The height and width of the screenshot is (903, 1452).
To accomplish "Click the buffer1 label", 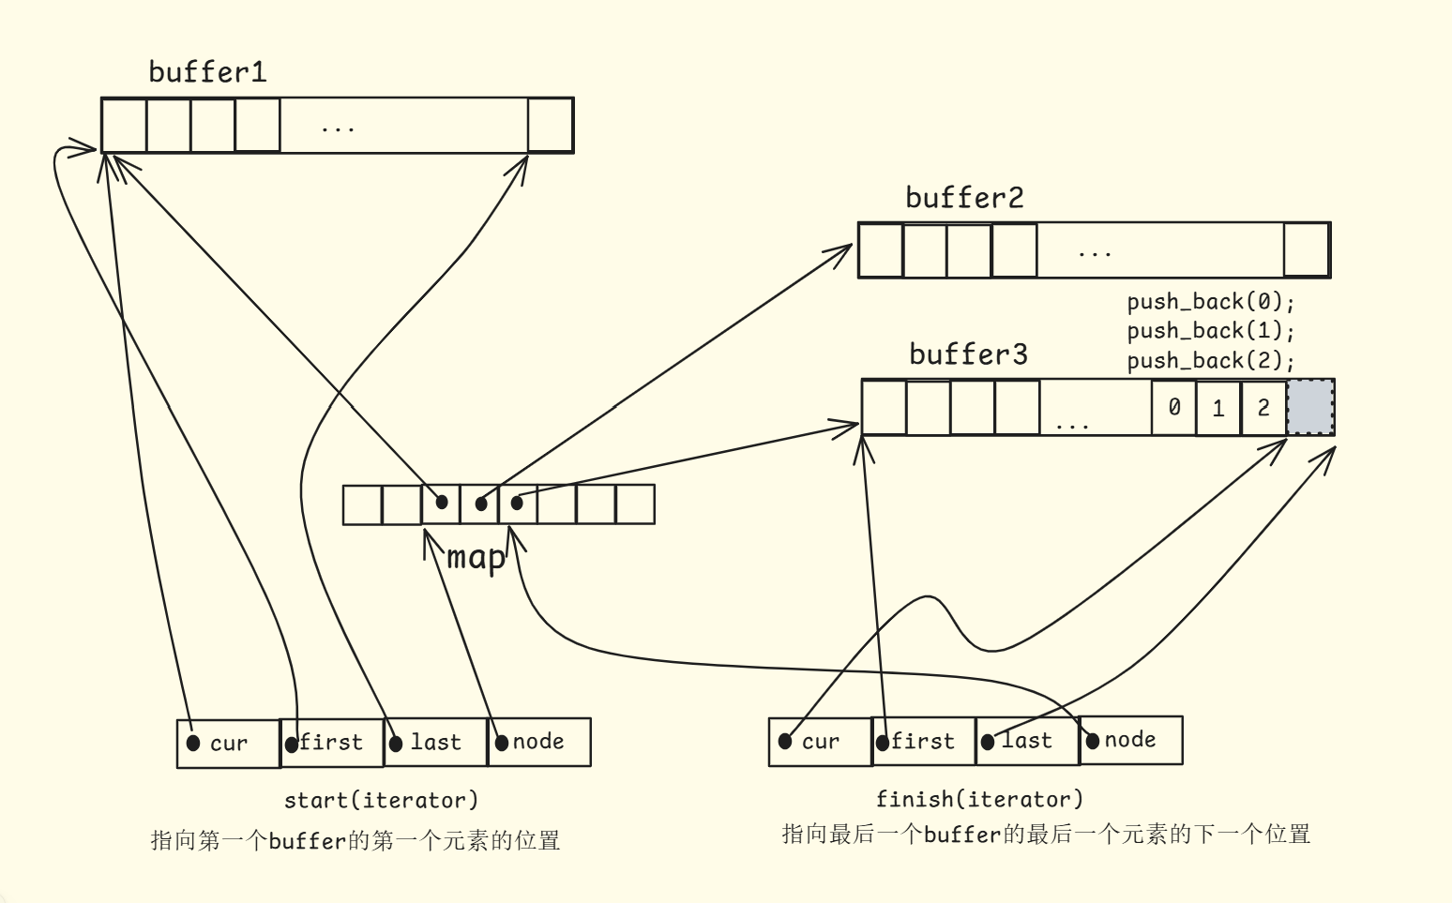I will coord(207,72).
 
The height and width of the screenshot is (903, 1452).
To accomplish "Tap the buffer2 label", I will coord(964,198).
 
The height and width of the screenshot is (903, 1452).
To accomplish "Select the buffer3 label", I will coord(968,354).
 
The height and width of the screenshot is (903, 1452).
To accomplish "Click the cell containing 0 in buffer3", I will coord(1173,407).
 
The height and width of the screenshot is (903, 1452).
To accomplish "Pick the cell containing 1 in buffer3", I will coord(1218,408).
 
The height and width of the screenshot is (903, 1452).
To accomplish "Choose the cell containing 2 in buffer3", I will coord(1263,408).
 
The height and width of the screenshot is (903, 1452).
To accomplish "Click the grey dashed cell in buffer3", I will coord(1310,408).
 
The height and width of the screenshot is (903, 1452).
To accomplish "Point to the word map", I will coord(476,557).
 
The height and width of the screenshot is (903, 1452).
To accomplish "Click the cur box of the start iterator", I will coord(228,744).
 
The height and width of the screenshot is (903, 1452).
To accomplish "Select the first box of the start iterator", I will coord(332,743).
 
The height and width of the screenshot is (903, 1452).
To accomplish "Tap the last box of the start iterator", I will coord(436,743).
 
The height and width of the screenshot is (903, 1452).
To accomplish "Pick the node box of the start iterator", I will coord(539,742).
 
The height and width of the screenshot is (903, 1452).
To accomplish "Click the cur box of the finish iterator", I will coord(820,742).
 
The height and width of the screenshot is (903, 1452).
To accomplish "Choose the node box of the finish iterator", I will coord(1130,740).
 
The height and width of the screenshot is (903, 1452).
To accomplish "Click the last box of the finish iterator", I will coord(1027,741).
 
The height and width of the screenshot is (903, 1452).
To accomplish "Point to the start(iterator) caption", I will coord(381,800).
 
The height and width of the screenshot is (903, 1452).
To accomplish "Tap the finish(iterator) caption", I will coord(979,799).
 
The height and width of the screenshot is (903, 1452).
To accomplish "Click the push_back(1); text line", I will coord(1210,331).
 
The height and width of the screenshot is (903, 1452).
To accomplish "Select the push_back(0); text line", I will coord(1210,302).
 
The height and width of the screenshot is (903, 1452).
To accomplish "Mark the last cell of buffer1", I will coord(550,125).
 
